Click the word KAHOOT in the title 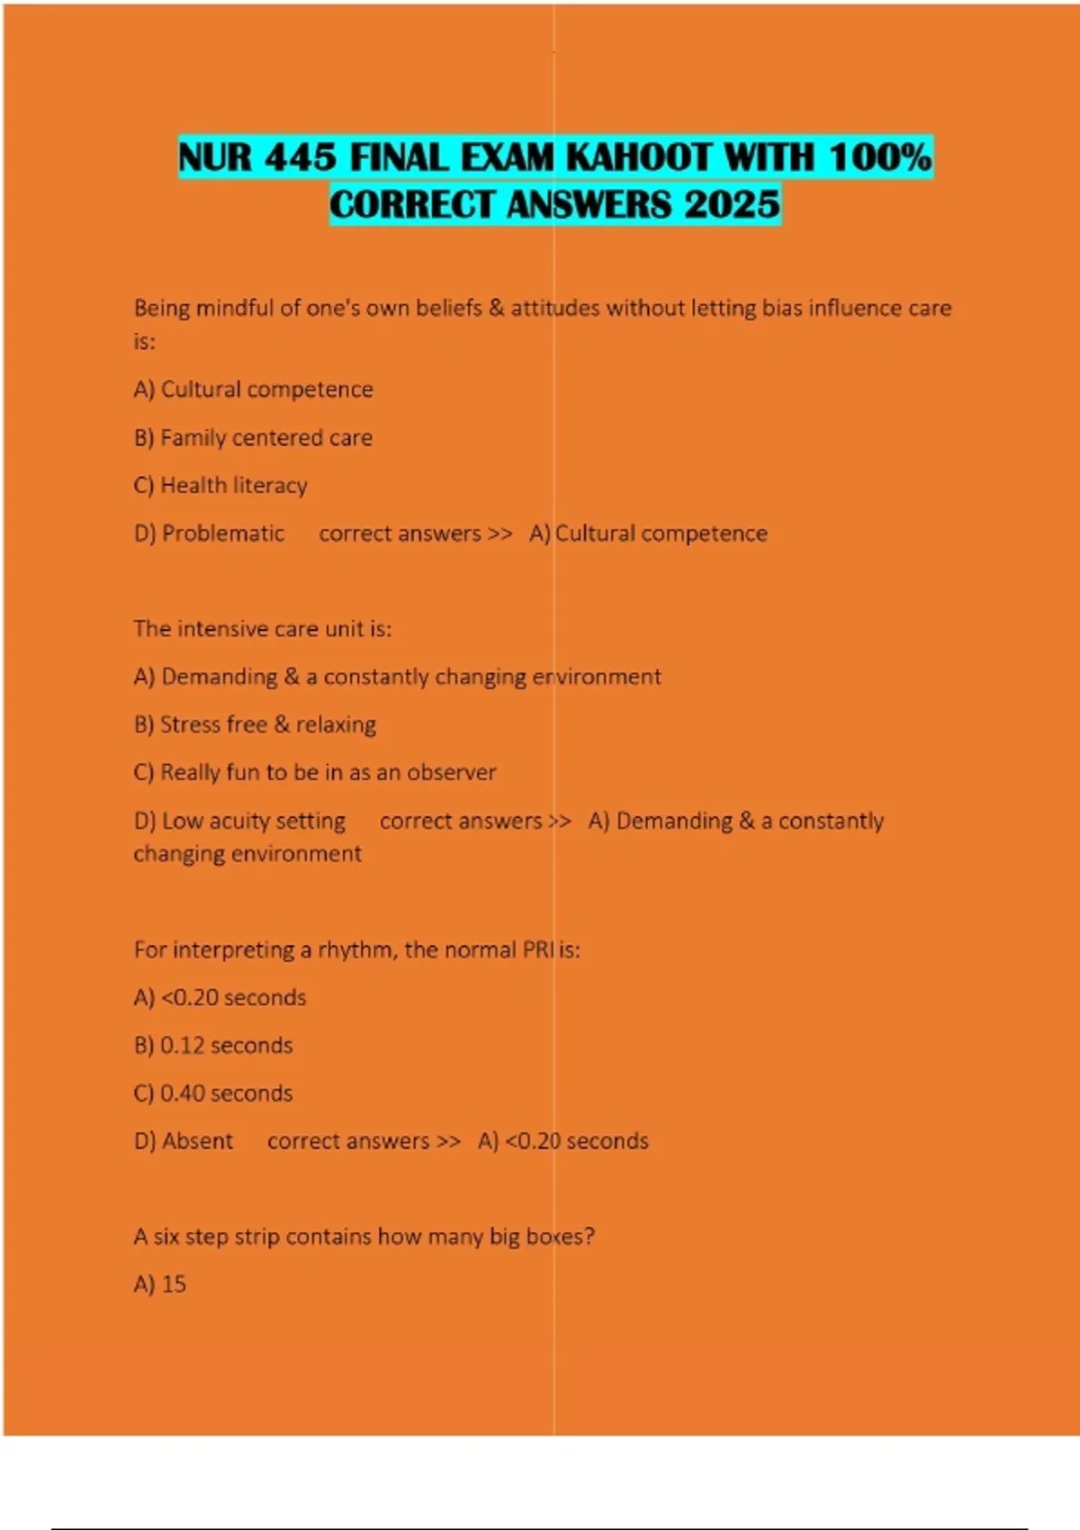click(638, 158)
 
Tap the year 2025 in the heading click(732, 204)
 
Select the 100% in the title click(879, 158)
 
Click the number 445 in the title click(301, 158)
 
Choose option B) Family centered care click(253, 437)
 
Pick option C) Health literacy click(220, 485)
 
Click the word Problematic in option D click(223, 533)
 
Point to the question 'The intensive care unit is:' click(262, 628)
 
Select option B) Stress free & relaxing click(255, 724)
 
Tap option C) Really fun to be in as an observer click(314, 772)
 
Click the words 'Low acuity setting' click(253, 821)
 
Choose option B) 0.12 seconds click(213, 1045)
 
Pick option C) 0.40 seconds click(213, 1093)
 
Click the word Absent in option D click(198, 1140)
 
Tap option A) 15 click(160, 1284)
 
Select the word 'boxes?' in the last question click(560, 1236)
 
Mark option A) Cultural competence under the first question click(253, 389)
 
